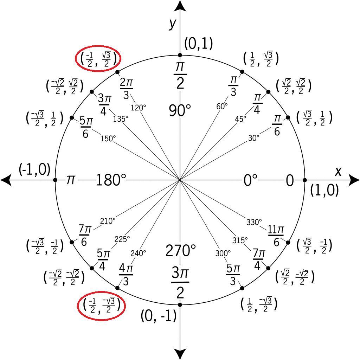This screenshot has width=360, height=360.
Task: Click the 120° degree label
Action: (139, 108)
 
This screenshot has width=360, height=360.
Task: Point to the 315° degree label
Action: (240, 240)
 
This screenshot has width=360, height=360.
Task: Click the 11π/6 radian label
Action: (276, 236)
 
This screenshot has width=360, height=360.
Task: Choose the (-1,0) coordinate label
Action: (34, 169)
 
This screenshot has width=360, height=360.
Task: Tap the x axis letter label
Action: (338, 171)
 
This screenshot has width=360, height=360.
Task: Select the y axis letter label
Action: (172, 23)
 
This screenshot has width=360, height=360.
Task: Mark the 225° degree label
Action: (122, 239)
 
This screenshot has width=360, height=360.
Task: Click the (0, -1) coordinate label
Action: (158, 316)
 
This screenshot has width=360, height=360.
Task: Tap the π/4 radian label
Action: (257, 104)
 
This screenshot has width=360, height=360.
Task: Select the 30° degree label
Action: (254, 138)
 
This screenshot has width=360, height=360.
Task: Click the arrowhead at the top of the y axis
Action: (180, 6)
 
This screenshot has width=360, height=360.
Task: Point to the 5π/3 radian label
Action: (233, 275)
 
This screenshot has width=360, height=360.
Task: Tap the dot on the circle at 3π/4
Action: (92, 92)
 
